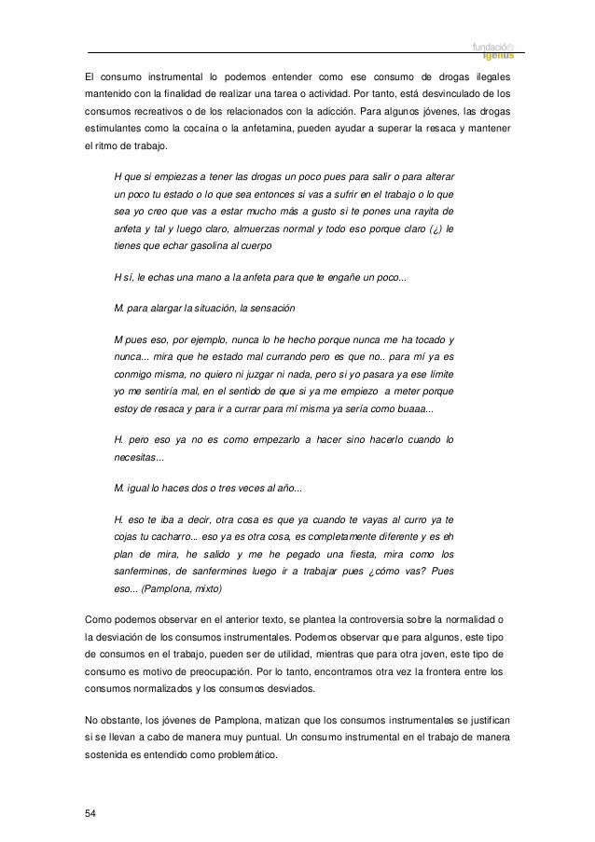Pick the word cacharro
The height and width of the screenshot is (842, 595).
[x=165, y=538]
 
